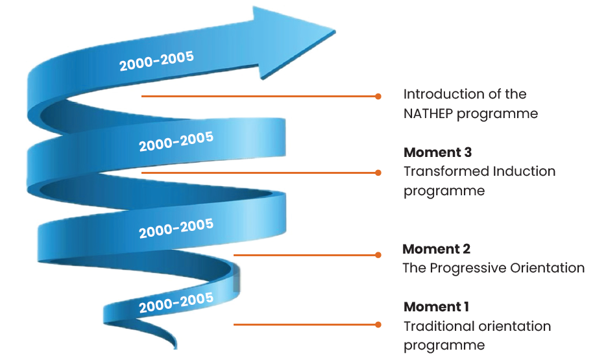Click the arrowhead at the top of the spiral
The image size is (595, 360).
coord(292,40)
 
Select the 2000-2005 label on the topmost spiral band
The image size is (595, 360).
coord(156,61)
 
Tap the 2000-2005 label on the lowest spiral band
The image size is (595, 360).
coord(176,302)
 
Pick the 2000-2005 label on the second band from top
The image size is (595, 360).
coord(176,141)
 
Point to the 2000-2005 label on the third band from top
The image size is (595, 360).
coord(176,228)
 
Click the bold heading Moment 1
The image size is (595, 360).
coord(436,307)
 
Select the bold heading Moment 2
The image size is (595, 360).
coord(436,249)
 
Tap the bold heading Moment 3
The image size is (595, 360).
coord(437,152)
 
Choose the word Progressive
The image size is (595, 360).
coord(466,268)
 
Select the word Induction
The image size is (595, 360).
coord(524,172)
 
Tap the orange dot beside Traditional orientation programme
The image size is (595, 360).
coord(378,324)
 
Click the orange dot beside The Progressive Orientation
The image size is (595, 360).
coord(378,255)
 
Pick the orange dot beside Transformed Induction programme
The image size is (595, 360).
coord(378,173)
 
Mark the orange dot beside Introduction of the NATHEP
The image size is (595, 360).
coord(378,96)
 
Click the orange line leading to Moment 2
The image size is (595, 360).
coord(305,255)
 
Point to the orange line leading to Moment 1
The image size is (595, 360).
coord(305,324)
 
